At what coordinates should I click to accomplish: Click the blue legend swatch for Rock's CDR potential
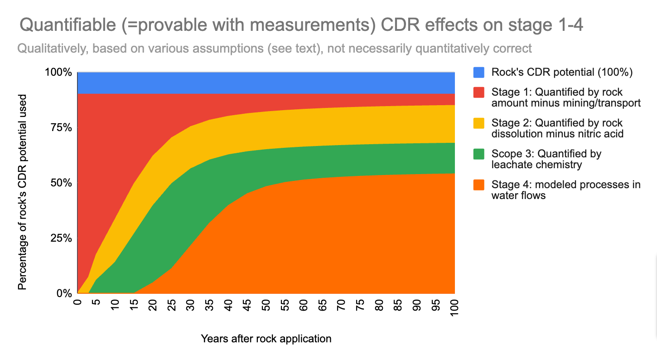click(478, 72)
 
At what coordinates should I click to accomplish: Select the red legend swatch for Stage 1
click(478, 92)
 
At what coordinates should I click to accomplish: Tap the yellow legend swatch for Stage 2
click(478, 123)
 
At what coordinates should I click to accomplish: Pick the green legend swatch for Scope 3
click(478, 154)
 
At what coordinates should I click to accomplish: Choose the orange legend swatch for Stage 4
click(478, 185)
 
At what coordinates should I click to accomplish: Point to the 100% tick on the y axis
click(59, 73)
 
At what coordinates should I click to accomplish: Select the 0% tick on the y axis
click(63, 294)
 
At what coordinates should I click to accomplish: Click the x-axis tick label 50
click(266, 306)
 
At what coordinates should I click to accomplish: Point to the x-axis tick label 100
click(454, 308)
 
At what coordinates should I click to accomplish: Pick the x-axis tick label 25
click(172, 306)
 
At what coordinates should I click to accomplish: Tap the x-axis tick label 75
click(360, 306)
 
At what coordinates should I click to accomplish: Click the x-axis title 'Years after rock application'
click(266, 339)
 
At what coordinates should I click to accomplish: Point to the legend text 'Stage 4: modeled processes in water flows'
click(565, 190)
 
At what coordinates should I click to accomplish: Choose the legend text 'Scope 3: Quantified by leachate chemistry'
click(546, 159)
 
